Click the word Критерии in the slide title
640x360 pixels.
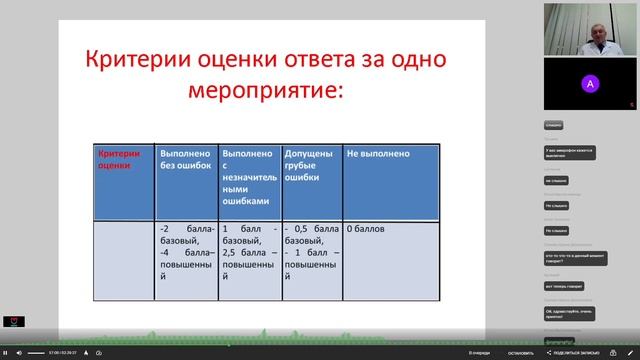(x=128, y=61)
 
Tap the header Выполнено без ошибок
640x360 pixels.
(x=186, y=160)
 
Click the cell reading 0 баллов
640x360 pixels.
(x=366, y=229)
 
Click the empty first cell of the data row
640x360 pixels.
(x=125, y=260)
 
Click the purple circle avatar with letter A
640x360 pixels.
(x=590, y=84)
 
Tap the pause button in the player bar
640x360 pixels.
(x=5, y=353)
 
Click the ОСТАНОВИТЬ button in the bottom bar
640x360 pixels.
(x=520, y=353)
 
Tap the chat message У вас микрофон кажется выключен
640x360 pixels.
(x=570, y=153)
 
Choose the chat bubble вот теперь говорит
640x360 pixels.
(x=565, y=286)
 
